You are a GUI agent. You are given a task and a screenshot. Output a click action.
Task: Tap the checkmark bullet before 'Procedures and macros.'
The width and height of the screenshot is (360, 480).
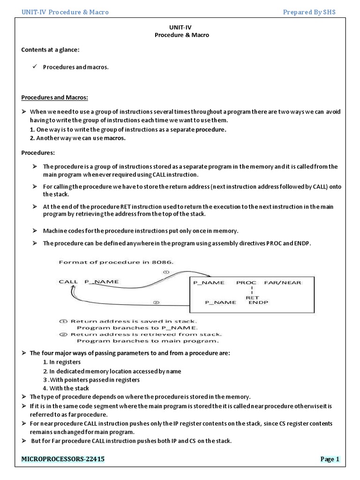pyautogui.click(x=34, y=67)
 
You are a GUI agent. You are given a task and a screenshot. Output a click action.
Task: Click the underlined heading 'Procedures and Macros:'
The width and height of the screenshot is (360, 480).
pyautogui.click(x=55, y=97)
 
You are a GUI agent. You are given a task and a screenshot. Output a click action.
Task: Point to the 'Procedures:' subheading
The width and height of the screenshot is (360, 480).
pyautogui.click(x=38, y=152)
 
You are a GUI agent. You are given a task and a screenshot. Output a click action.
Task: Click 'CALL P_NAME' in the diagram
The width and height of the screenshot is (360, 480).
pyautogui.click(x=89, y=281)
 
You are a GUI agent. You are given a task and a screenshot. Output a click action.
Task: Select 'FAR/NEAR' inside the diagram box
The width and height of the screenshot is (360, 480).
pyautogui.click(x=283, y=283)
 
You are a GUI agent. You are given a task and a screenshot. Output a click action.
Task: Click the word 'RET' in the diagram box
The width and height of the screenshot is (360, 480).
pyautogui.click(x=253, y=297)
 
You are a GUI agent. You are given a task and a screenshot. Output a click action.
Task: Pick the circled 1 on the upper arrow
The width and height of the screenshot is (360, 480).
pyautogui.click(x=165, y=271)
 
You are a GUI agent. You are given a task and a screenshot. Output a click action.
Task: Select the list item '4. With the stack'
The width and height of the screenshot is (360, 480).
pyautogui.click(x=66, y=388)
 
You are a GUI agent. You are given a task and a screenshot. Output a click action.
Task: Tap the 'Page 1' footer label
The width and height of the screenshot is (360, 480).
pyautogui.click(x=330, y=459)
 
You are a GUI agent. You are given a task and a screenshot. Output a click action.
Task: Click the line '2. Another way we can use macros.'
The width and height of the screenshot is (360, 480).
pyautogui.click(x=78, y=138)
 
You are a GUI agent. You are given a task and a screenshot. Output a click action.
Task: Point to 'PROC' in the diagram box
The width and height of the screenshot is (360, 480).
pyautogui.click(x=246, y=283)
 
